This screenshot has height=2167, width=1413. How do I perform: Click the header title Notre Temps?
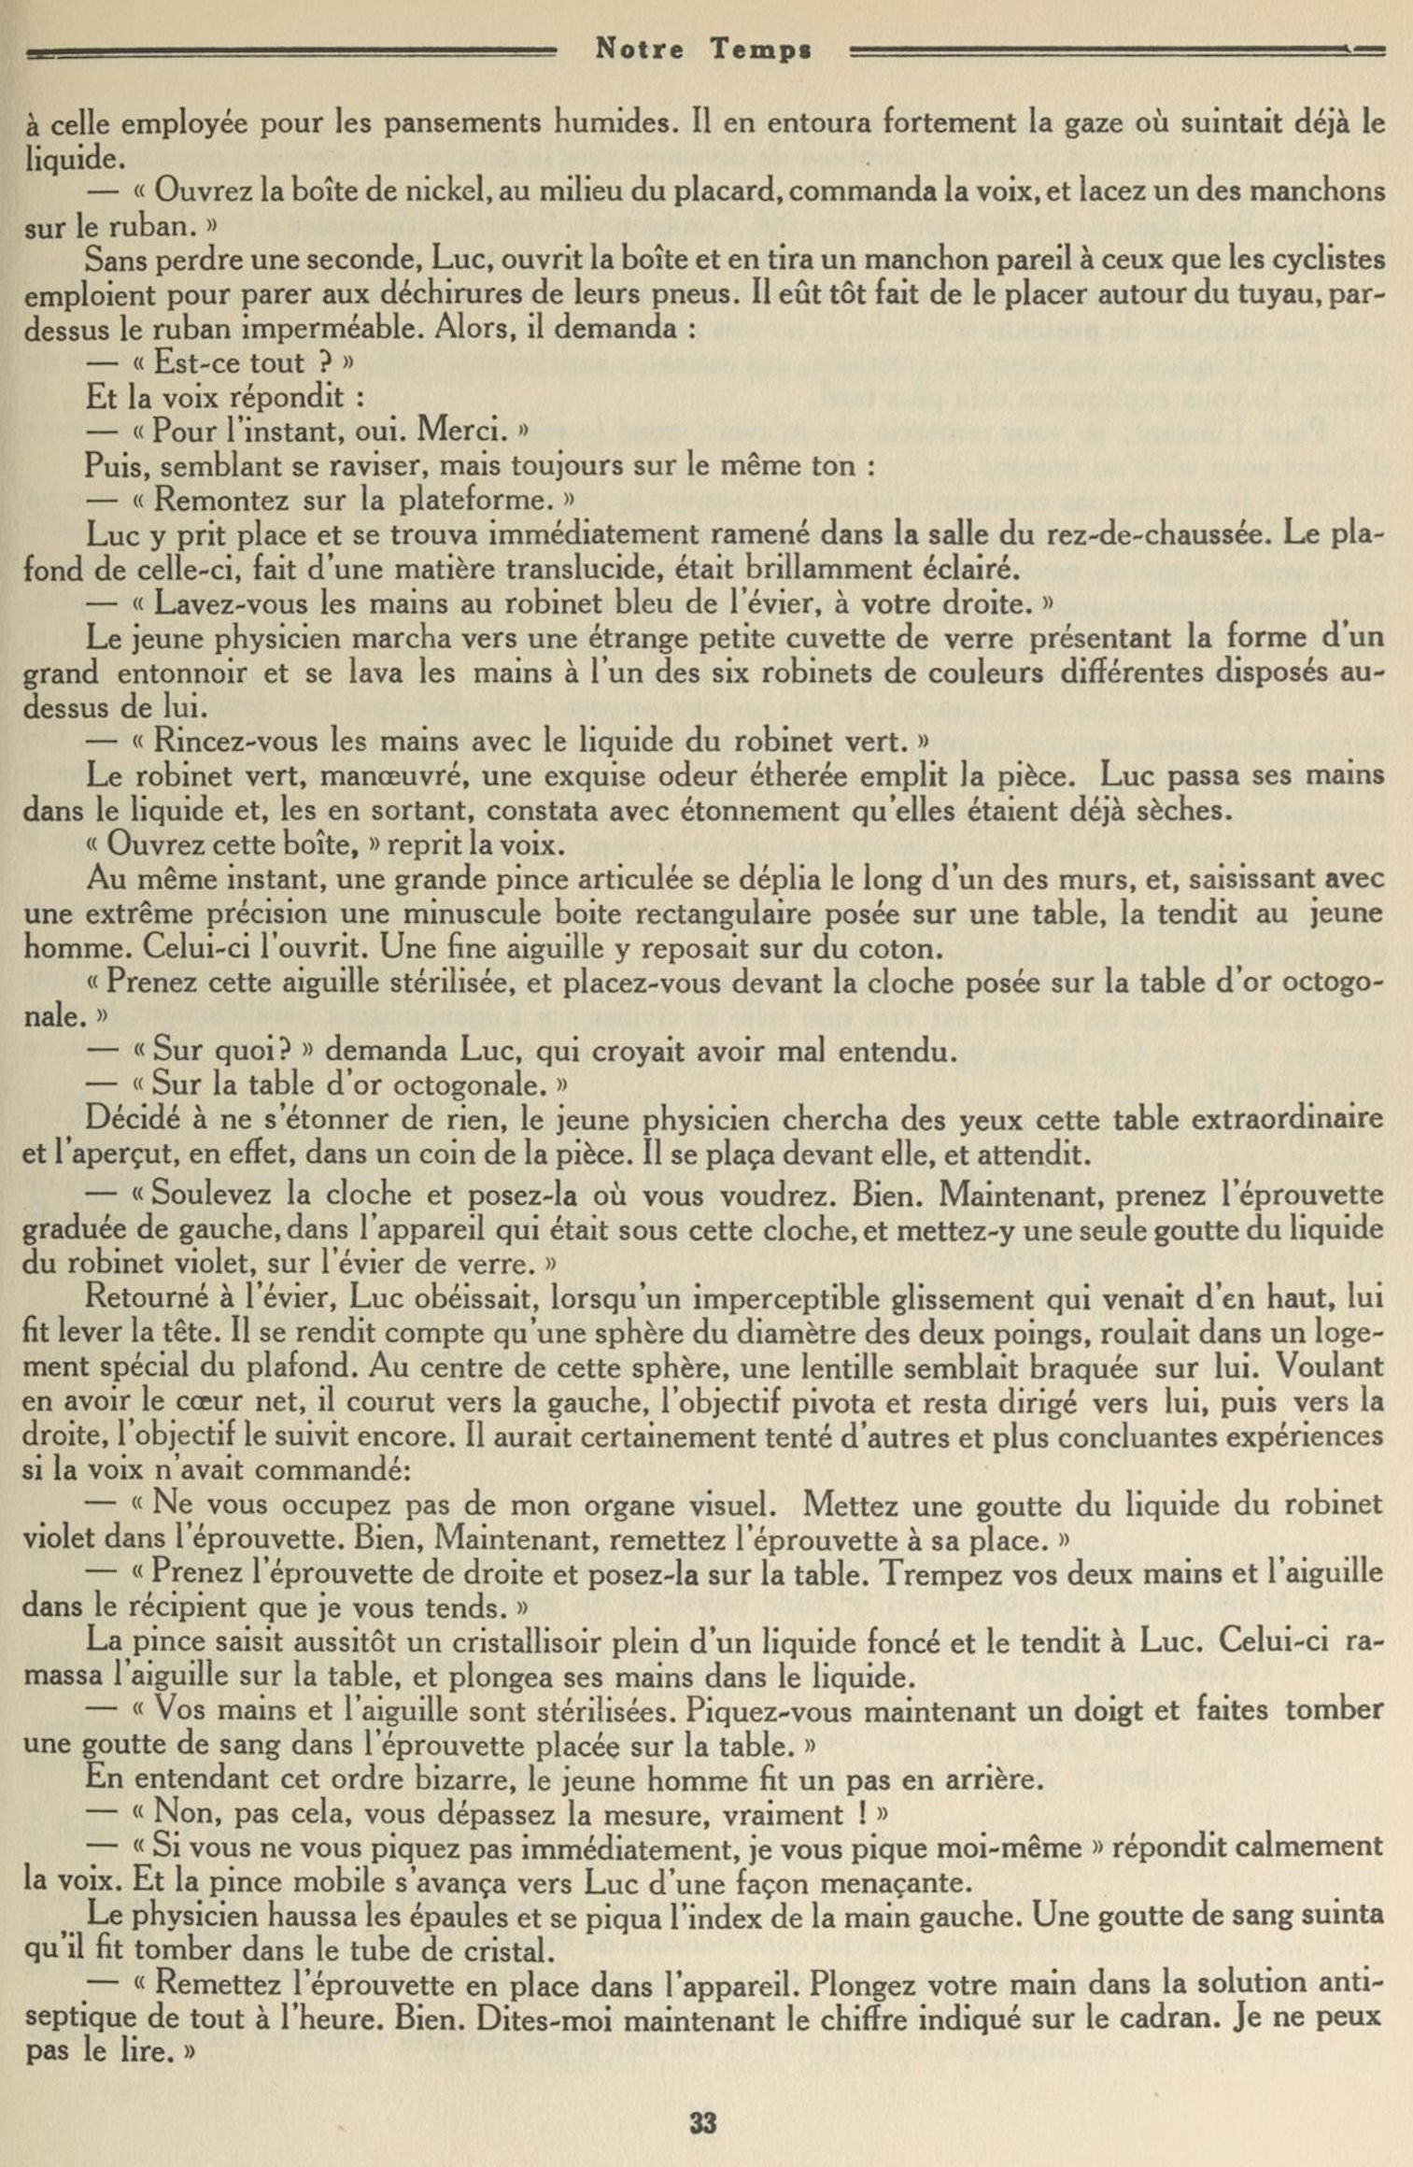(x=702, y=50)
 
